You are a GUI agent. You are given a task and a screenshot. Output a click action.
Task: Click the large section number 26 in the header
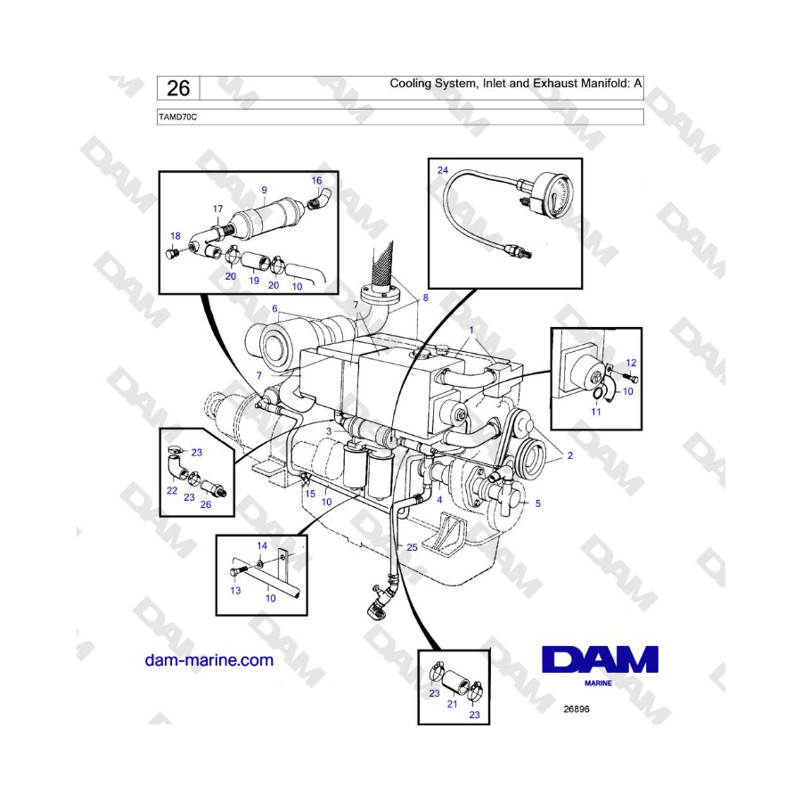point(178,88)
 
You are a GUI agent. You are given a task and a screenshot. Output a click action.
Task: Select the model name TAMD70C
point(177,117)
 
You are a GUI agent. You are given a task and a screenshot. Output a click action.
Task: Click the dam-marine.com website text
point(209,659)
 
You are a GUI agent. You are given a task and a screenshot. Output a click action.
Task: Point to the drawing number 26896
point(577,709)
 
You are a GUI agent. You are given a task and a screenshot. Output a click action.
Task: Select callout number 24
point(442,170)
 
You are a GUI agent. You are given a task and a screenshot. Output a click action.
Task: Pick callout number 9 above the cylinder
point(264,190)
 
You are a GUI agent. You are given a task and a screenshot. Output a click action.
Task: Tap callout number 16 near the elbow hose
point(316,180)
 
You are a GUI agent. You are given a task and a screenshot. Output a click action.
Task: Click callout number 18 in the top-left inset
point(176,236)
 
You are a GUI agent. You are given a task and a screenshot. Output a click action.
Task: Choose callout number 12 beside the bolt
point(631,362)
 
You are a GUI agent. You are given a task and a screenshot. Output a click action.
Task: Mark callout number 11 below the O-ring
point(596,411)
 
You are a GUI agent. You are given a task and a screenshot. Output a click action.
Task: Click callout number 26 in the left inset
point(206,504)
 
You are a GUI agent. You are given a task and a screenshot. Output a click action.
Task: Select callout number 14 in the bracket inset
point(262,545)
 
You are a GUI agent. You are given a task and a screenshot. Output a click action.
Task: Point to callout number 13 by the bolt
point(235,590)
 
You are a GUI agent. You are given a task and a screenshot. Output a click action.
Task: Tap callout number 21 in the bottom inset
point(452,704)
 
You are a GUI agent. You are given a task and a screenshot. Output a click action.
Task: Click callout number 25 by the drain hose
point(412,547)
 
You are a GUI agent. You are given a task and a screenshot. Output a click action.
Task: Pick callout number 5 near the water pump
point(538,503)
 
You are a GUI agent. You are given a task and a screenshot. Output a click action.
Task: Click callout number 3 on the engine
point(329,431)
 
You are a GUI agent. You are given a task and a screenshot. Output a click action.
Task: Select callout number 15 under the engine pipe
point(310,494)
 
